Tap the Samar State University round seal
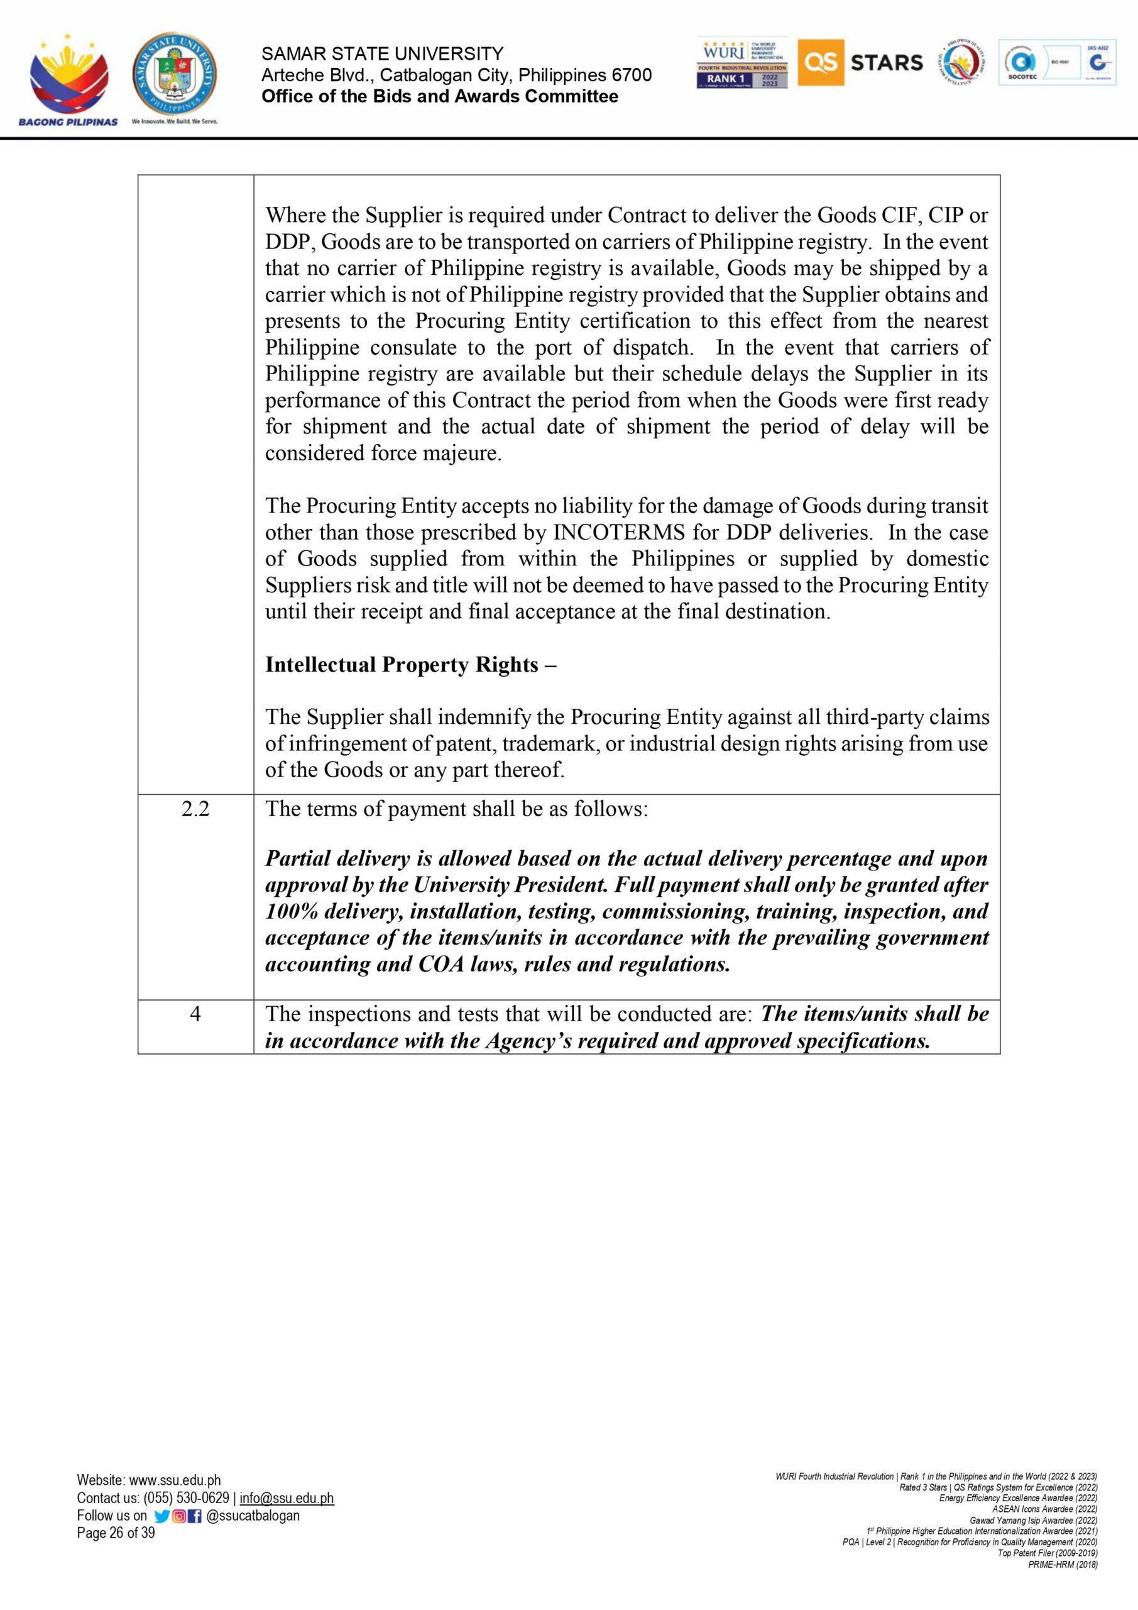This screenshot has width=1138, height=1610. pyautogui.click(x=175, y=75)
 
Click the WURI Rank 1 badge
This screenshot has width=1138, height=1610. pyautogui.click(x=742, y=63)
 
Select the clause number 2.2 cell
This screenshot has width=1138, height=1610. pyautogui.click(x=195, y=809)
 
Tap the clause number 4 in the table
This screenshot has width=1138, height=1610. pyautogui.click(x=195, y=1014)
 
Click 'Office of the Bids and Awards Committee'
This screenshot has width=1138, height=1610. pyautogui.click(x=439, y=97)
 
